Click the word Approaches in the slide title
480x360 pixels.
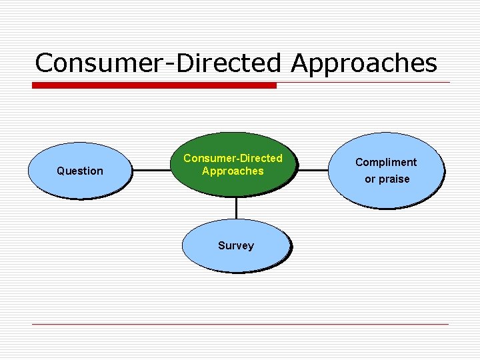click(364, 63)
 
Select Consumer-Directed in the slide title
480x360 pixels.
click(160, 63)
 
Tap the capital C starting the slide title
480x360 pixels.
click(45, 63)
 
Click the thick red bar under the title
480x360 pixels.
click(154, 85)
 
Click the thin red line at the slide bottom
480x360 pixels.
click(240, 324)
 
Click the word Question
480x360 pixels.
click(80, 171)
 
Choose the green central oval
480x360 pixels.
click(233, 183)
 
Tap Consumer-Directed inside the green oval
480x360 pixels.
click(233, 158)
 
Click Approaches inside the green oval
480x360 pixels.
click(233, 171)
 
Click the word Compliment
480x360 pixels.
click(386, 162)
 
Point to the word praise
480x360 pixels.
click(395, 179)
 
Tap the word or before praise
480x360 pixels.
click(370, 179)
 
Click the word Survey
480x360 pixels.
click(235, 245)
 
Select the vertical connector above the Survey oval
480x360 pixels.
click(235, 207)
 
